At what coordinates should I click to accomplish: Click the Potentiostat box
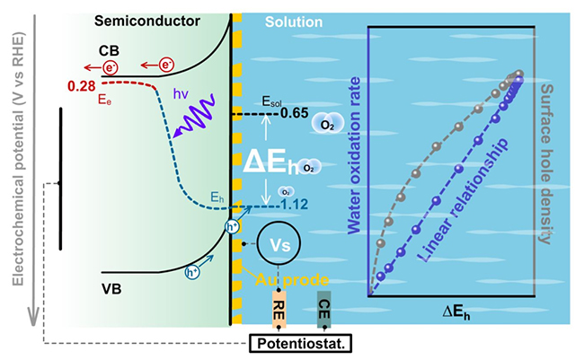pos(301,342)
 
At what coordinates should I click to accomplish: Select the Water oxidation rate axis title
pos(380,165)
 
